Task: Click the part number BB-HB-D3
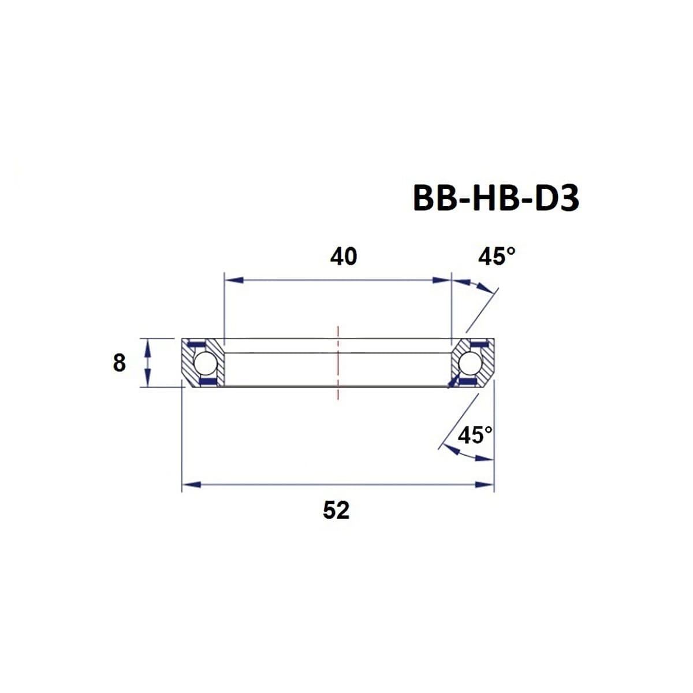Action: tap(495, 198)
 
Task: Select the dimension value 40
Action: tap(344, 256)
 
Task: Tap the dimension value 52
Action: tap(336, 510)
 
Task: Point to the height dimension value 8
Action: tap(119, 363)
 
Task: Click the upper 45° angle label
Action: tap(496, 256)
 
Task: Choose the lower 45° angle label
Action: tap(475, 435)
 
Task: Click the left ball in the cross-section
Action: tap(204, 363)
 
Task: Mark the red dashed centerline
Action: tap(338, 363)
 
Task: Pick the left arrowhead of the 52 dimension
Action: tap(191, 485)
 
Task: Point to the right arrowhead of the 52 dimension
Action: tap(485, 485)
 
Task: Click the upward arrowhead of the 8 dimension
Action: tap(148, 346)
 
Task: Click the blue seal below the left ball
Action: tap(206, 382)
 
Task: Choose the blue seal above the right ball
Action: tap(478, 345)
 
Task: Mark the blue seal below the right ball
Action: tap(469, 382)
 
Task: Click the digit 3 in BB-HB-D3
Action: tap(568, 198)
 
